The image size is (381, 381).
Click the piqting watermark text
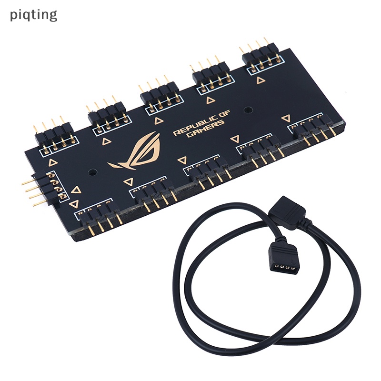(x=33, y=15)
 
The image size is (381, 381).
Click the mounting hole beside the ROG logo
(x=93, y=170)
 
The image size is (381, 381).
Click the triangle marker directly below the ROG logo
(x=128, y=182)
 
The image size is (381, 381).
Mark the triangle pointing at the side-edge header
(x=75, y=190)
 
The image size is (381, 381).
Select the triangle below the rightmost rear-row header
(x=260, y=80)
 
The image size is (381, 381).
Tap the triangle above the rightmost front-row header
(x=286, y=118)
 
